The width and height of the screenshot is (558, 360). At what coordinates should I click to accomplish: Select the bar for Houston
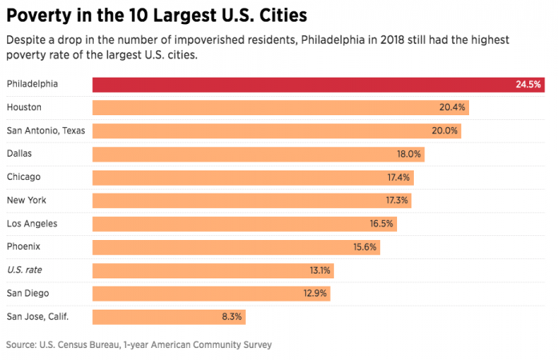click(x=280, y=107)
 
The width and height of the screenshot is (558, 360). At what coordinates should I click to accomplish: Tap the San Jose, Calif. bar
click(x=169, y=317)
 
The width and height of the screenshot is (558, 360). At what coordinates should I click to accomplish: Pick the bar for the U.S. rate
click(x=213, y=270)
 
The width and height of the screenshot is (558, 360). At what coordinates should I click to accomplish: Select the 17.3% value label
click(x=397, y=201)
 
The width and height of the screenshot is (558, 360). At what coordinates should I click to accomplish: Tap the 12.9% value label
click(x=315, y=294)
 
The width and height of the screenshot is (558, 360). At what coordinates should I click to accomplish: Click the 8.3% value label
click(x=231, y=317)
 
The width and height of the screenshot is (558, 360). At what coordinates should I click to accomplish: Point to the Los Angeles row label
click(x=31, y=223)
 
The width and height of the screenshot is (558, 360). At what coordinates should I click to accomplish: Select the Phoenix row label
click(x=23, y=246)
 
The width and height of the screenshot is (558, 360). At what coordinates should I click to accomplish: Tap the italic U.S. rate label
click(x=23, y=270)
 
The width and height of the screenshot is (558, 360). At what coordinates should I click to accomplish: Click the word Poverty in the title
click(x=40, y=16)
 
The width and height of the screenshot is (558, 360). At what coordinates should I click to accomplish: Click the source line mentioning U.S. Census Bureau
click(x=138, y=345)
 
